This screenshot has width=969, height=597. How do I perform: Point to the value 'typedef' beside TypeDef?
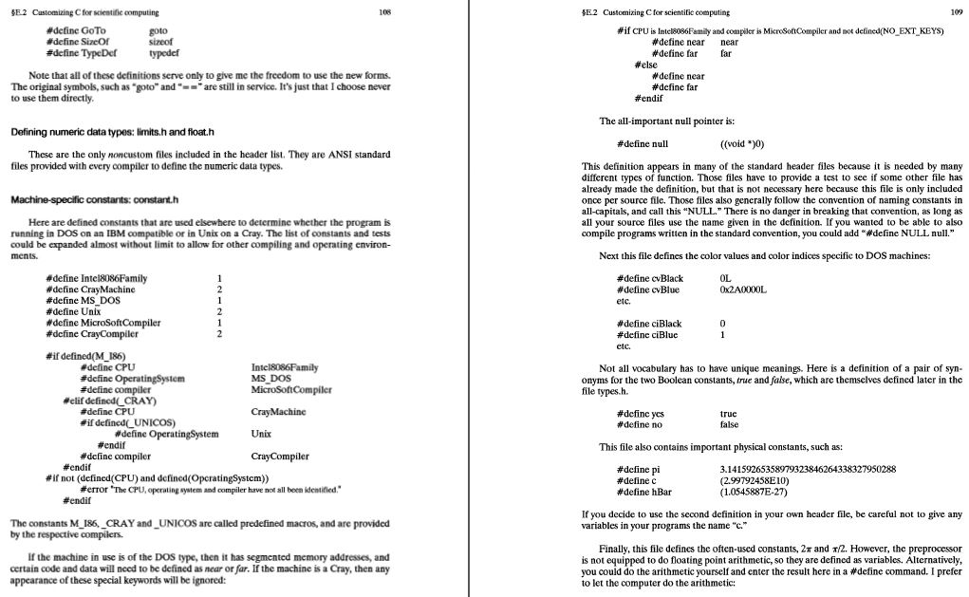point(165,53)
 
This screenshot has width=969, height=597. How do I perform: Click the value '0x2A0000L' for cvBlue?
point(743,289)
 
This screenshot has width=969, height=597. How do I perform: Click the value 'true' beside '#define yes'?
point(729,414)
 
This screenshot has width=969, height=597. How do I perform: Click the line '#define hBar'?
point(644,493)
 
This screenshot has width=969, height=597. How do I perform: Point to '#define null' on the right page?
point(643,143)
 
